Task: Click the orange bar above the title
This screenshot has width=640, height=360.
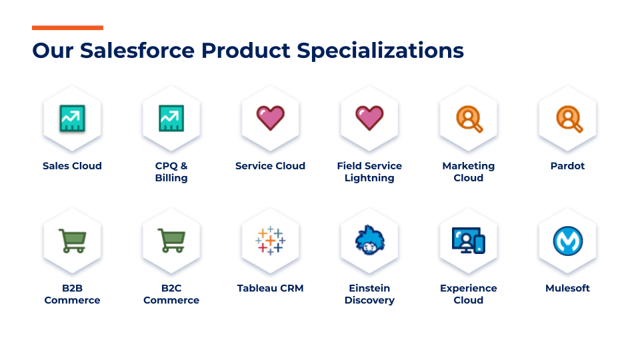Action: (67, 28)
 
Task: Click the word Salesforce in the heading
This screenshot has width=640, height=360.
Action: (137, 51)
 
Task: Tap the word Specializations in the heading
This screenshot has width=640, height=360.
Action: (380, 51)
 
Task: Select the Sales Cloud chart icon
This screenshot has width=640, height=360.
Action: (72, 119)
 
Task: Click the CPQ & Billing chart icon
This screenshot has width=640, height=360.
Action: (171, 119)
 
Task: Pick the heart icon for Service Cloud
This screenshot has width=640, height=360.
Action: (270, 118)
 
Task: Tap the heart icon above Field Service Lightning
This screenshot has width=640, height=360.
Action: (369, 118)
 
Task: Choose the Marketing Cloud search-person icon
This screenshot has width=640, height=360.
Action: (469, 119)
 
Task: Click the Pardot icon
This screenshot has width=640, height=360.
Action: (569, 119)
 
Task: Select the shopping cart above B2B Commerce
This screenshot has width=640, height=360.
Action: (73, 241)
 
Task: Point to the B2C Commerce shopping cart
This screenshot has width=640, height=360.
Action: (172, 241)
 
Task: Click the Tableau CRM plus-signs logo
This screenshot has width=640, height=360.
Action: (270, 241)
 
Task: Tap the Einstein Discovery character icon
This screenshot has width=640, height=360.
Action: (370, 240)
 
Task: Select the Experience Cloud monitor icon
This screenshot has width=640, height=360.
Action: (469, 241)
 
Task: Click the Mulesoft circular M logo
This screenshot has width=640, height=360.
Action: (568, 241)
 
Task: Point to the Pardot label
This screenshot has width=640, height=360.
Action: (567, 166)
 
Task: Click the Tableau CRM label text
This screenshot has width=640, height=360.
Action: (270, 288)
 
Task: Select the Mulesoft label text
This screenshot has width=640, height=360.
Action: (567, 288)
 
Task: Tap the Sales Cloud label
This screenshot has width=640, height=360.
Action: (72, 166)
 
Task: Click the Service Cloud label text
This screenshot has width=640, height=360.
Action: (270, 166)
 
